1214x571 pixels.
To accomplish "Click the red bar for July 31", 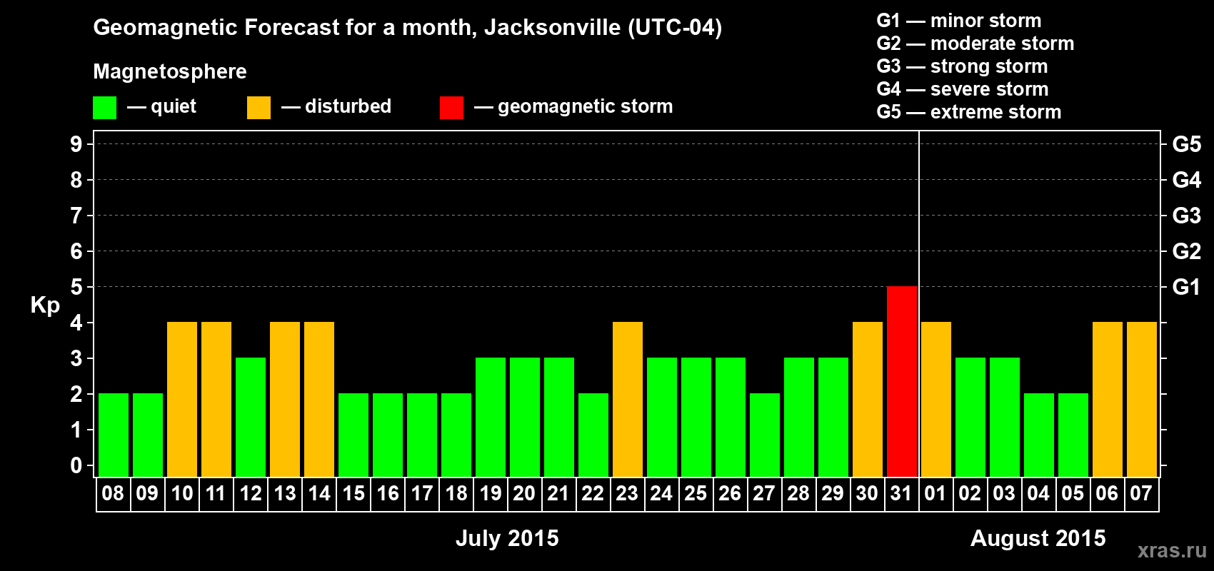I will tap(902, 381).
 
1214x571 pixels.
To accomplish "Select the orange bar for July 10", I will tap(182, 399).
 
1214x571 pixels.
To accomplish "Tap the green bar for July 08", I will tap(114, 435).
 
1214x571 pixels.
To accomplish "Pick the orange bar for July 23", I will tap(628, 399).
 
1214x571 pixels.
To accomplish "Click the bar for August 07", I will tap(1142, 399).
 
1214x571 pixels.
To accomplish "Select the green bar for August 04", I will tap(1039, 435).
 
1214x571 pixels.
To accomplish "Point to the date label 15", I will tap(353, 493).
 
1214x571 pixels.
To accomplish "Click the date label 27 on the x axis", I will tap(764, 493).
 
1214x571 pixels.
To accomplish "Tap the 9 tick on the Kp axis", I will tap(76, 144).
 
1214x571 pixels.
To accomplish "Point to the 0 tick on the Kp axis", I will tap(76, 466).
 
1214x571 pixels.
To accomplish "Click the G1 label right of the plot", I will tap(1186, 287).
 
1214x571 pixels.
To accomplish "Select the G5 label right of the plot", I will tap(1186, 144).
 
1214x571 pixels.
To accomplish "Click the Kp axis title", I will tap(45, 305).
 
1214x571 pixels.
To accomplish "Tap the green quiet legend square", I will tap(105, 108).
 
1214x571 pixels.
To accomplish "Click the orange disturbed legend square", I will tap(259, 108).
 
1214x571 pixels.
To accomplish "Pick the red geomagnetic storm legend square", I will tap(451, 108).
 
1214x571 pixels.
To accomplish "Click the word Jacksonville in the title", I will tap(552, 28).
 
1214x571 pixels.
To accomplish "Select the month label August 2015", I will tap(1038, 538).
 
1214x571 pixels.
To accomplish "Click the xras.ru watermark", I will tap(1171, 550).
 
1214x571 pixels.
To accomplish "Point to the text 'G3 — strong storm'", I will tap(962, 66).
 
